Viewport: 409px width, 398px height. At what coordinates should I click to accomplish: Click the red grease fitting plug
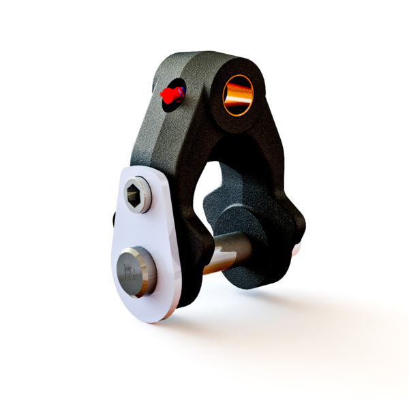(x=170, y=96)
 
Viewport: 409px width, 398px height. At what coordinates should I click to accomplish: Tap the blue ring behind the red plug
(x=181, y=91)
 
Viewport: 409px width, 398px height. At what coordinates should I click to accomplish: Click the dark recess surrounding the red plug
(x=177, y=87)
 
